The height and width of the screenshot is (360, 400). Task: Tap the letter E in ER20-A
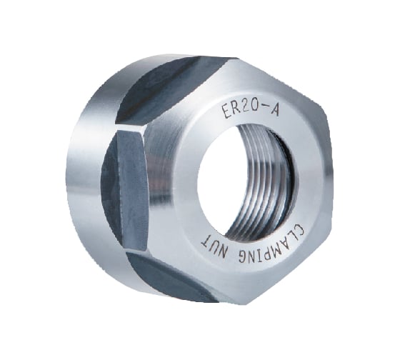coord(227,112)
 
